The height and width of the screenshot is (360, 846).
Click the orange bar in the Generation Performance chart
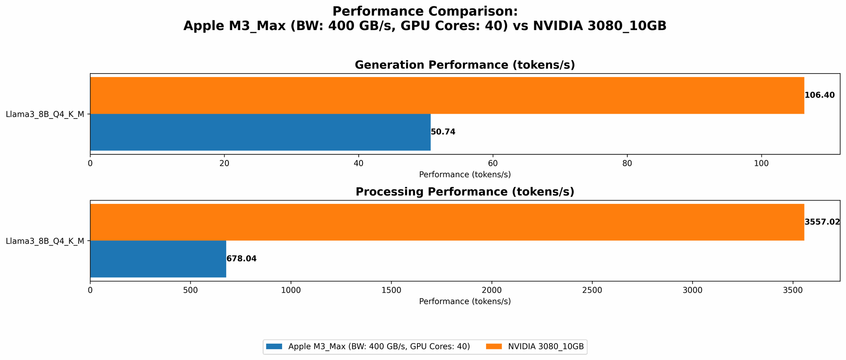pyautogui.click(x=447, y=95)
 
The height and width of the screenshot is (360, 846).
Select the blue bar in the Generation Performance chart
pyautogui.click(x=260, y=132)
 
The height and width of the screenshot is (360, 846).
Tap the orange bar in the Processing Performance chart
pyautogui.click(x=447, y=222)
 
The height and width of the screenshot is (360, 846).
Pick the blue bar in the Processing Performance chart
pyautogui.click(x=158, y=259)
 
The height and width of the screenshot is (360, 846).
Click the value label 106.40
pyautogui.click(x=819, y=95)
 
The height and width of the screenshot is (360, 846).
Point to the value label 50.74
pyautogui.click(x=443, y=132)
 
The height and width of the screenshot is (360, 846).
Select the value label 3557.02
pyautogui.click(x=822, y=222)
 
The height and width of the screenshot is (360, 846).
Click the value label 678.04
pyautogui.click(x=241, y=259)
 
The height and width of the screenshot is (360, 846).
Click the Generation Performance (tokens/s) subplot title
pyautogui.click(x=464, y=65)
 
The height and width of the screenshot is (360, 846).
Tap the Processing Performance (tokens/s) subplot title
pyautogui.click(x=464, y=192)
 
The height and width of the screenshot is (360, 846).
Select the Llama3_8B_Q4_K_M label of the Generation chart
pyautogui.click(x=45, y=114)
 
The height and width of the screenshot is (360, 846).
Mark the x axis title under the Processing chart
pyautogui.click(x=464, y=302)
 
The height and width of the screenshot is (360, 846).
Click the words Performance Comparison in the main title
pyautogui.click(x=425, y=11)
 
